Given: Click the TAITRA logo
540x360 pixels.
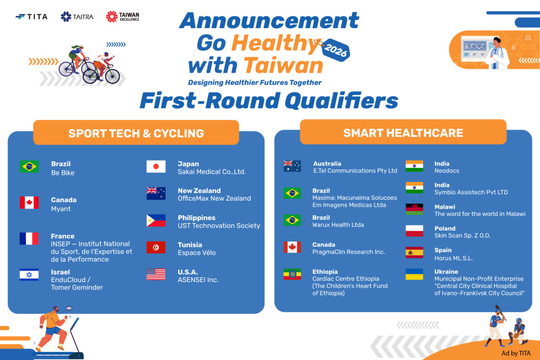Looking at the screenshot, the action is pos(77,17).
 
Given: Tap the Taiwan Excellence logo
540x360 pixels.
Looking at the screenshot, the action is pos(123,17).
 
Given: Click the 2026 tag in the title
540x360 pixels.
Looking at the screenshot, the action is pos(336,50).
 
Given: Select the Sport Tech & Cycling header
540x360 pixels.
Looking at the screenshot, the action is pos(136,132).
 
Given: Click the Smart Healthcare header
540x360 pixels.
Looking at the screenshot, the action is pos(403,132).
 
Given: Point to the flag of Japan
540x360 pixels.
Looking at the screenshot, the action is pos(156,167).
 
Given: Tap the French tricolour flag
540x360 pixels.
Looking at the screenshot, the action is pos(29,239).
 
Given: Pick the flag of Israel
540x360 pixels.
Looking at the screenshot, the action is pos(29,275).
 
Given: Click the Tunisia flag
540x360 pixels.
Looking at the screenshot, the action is pos(156,247).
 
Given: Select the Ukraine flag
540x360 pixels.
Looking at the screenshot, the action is pos(414,274).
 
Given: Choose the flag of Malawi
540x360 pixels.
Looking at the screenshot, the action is pos(414,209).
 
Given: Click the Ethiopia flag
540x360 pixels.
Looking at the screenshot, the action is pos(292,274).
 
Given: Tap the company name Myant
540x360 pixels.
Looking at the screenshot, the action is pos(60,209).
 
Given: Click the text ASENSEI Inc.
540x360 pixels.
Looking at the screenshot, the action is pos(198,280).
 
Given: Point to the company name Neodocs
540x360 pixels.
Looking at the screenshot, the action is pos(447,170).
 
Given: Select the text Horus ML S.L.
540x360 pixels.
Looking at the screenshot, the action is pos(453,258).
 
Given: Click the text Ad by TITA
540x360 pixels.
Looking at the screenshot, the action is pos(516,353).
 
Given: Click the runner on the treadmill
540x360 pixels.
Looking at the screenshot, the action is pos(52,327).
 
